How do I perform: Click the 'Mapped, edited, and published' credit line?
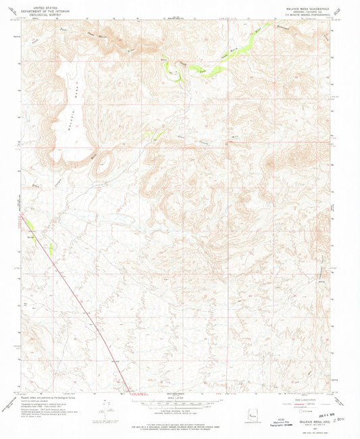coord(41,400)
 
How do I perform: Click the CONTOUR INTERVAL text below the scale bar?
coord(180,410)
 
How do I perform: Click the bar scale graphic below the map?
coord(180,403)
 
